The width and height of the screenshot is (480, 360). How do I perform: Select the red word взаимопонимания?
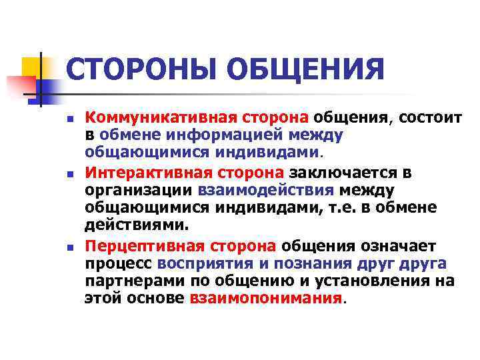pyautogui.click(x=265, y=298)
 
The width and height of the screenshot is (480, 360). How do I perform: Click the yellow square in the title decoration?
pyautogui.click(x=31, y=66)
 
